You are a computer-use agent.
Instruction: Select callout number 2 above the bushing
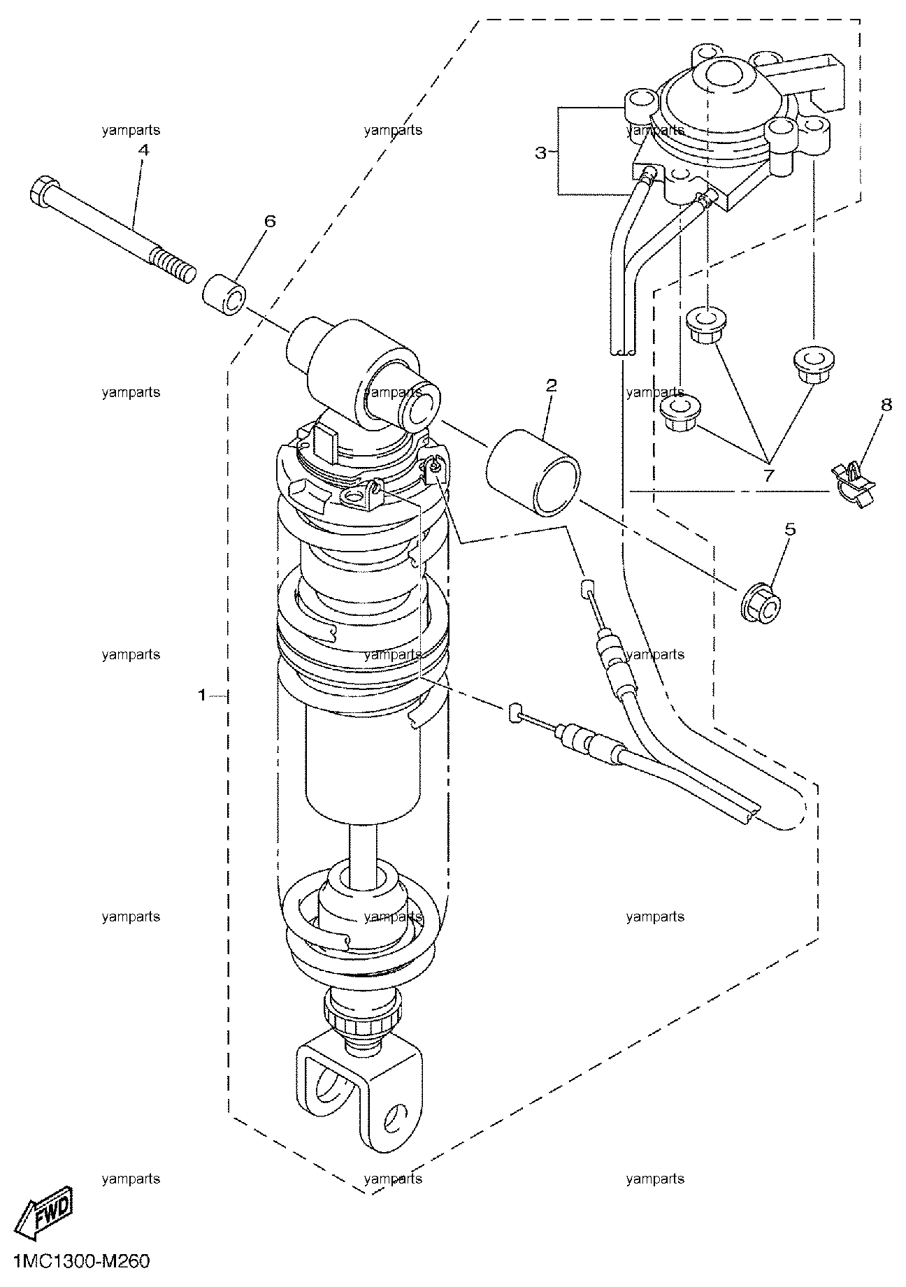551,384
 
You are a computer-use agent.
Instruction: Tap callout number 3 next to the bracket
540,152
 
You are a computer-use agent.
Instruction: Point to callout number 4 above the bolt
143,149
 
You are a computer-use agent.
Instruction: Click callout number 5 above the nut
790,529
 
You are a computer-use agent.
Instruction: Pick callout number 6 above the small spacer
270,221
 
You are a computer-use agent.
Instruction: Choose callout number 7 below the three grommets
768,475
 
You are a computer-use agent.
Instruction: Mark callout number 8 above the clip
886,404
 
